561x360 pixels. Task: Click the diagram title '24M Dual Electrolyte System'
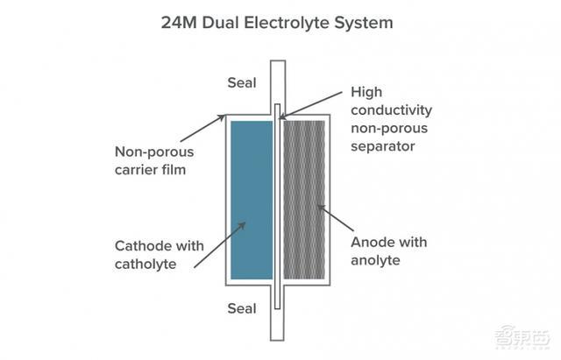[277, 23]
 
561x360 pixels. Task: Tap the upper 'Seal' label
[242, 83]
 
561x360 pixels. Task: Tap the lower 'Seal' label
[242, 308]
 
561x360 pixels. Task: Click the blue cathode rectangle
[252, 200]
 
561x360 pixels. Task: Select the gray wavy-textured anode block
[304, 200]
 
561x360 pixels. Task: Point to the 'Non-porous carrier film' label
[154, 160]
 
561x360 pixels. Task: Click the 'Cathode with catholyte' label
[160, 255]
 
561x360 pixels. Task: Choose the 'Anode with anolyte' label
[389, 251]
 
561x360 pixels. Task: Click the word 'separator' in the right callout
[383, 146]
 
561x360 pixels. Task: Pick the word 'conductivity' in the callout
[392, 110]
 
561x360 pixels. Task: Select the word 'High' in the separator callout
[366, 92]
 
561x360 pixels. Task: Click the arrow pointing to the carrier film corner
[202, 128]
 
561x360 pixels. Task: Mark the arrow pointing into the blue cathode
[220, 245]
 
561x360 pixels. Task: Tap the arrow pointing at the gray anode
[336, 218]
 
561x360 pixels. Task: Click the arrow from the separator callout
[310, 105]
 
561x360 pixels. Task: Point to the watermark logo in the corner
[522, 336]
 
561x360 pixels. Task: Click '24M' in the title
[179, 23]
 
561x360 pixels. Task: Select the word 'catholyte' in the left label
[146, 265]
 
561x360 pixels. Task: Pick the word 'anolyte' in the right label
[375, 260]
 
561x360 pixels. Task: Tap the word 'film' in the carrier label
[173, 169]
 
